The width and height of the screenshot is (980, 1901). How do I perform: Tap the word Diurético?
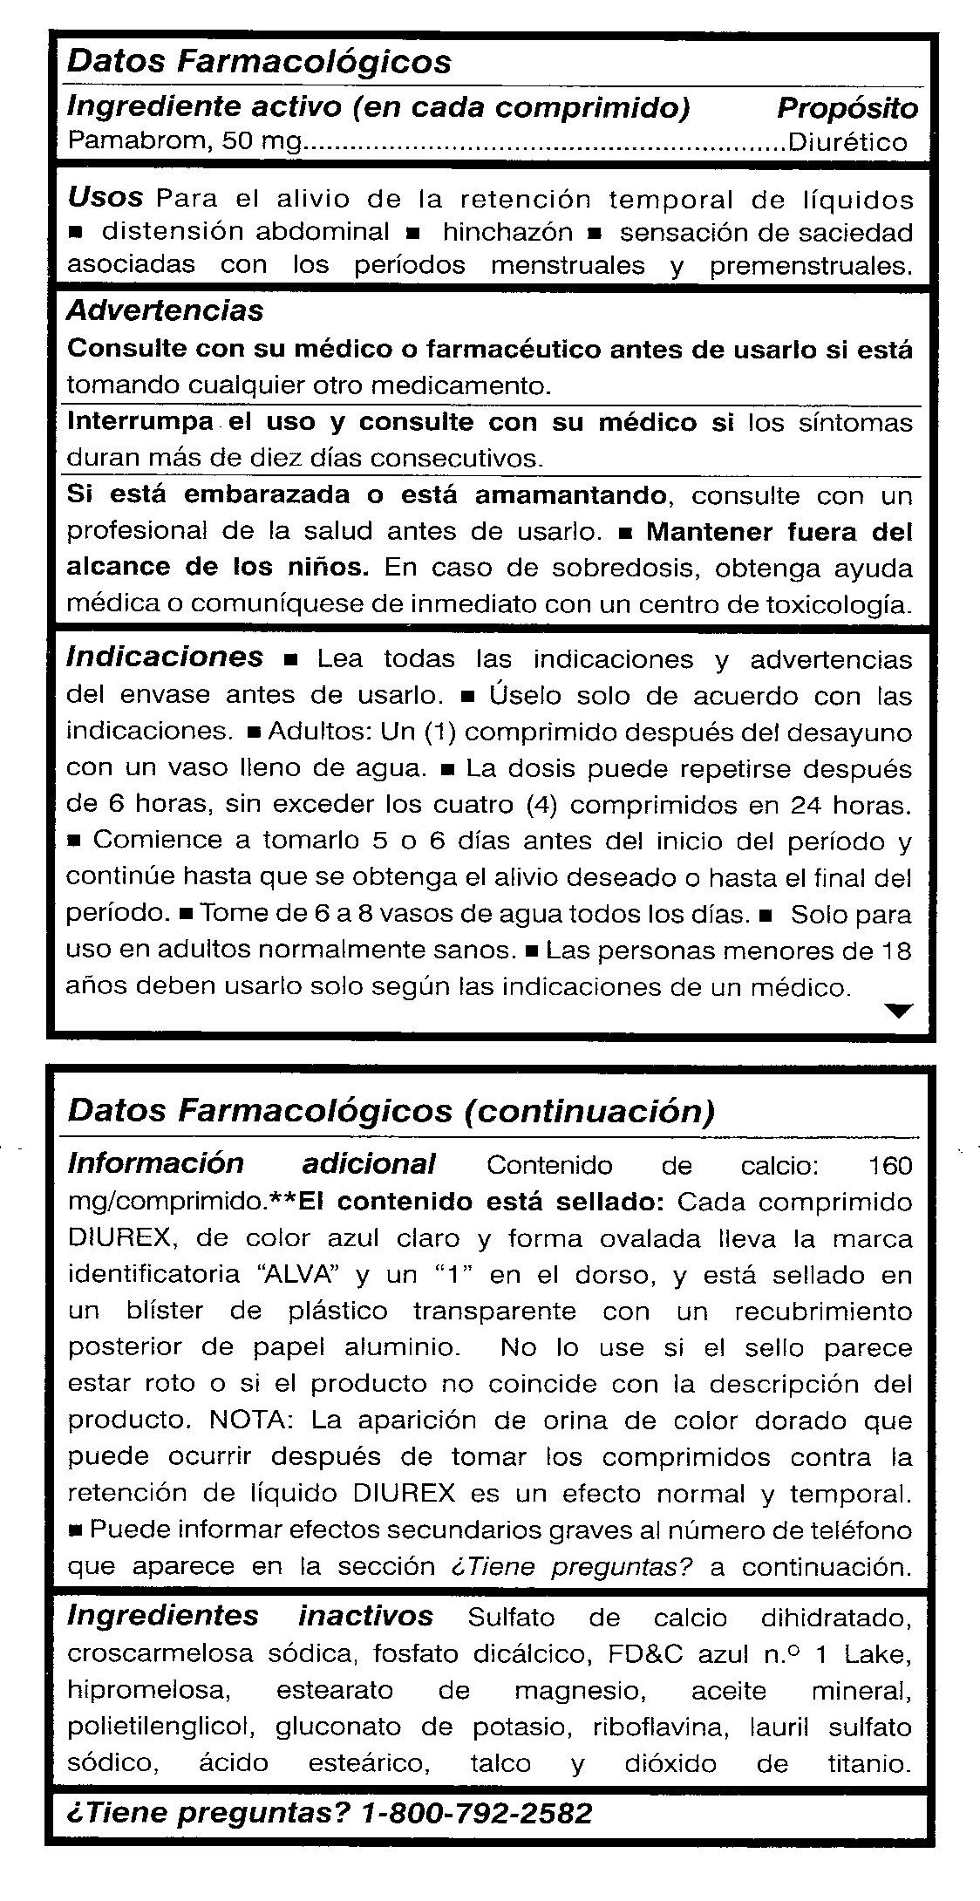click(x=847, y=142)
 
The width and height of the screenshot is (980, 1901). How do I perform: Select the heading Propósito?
click(x=847, y=108)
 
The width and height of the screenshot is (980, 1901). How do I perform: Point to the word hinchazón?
click(x=507, y=232)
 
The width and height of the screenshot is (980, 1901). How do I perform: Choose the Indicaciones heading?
click(x=165, y=657)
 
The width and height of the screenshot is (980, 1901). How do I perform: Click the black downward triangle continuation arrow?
click(x=897, y=1010)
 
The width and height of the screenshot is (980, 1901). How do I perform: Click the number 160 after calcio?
click(x=889, y=1165)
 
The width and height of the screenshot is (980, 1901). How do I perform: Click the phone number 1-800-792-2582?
click(x=476, y=1813)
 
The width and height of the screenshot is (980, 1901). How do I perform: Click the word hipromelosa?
click(x=148, y=1691)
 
